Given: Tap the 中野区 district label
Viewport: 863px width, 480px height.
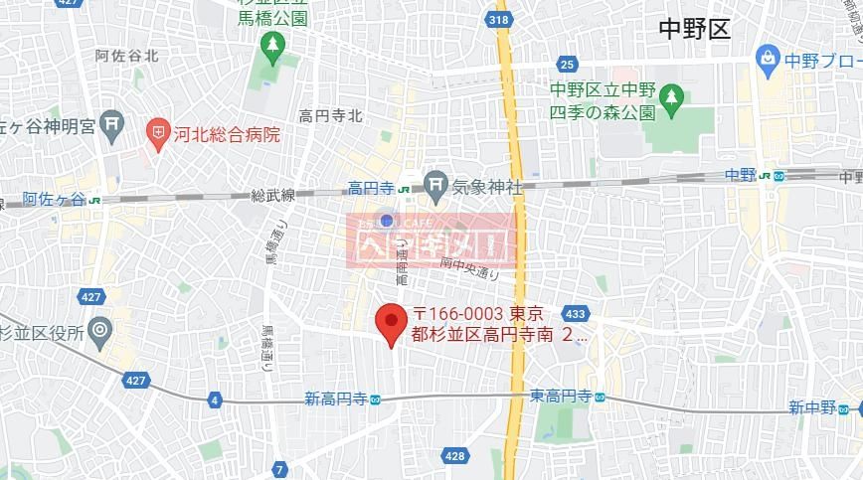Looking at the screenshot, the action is pos(694,29).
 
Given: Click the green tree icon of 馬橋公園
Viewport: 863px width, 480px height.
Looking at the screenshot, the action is pos(271,45).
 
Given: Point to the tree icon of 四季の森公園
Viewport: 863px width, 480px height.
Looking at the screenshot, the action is pos(674,97).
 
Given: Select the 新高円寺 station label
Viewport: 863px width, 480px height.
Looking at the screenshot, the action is pos(336,400).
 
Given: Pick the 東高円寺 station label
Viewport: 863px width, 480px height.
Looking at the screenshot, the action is pos(561,396).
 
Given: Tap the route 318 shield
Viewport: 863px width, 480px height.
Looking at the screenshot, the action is pos(500,18).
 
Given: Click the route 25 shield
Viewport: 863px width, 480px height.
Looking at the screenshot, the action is pos(567,66).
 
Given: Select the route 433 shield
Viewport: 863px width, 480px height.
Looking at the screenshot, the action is pos(575,312).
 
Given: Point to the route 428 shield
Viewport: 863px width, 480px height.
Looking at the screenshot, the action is pos(454,456).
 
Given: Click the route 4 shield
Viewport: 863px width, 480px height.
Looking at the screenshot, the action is pos(215,400).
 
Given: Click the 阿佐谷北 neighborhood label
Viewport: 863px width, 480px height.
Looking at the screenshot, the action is pos(127,57).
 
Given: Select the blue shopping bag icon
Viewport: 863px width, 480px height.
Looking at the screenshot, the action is pos(767,58).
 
